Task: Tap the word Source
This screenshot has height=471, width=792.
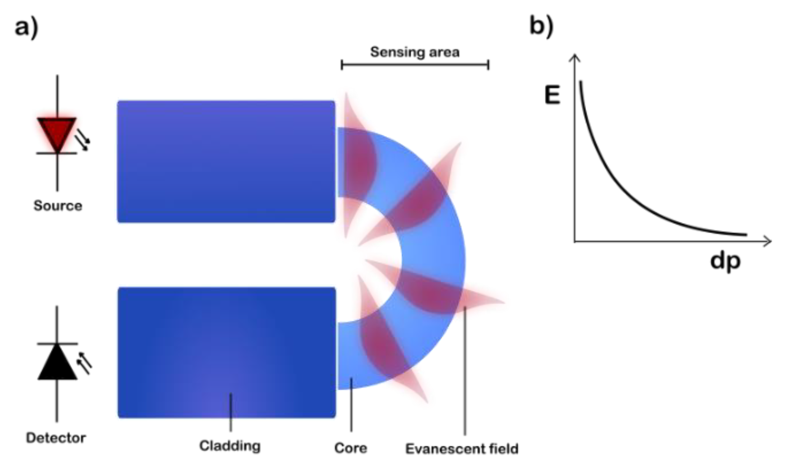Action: click(x=58, y=206)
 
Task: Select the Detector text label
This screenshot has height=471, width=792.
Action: click(x=56, y=438)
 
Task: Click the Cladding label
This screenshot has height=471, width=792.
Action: click(x=230, y=446)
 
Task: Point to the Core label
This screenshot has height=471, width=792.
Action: click(x=350, y=448)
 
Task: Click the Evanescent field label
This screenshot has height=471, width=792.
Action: click(x=461, y=449)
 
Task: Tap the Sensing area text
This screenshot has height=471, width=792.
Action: click(x=415, y=52)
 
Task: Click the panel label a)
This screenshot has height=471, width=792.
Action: click(x=27, y=28)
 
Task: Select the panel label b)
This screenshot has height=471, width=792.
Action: click(x=541, y=26)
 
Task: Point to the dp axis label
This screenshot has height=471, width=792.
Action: click(x=725, y=261)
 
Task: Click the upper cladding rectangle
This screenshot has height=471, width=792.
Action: click(x=226, y=161)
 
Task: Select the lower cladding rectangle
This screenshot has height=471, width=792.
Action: click(x=227, y=352)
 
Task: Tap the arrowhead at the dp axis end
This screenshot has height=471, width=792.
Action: click(x=768, y=241)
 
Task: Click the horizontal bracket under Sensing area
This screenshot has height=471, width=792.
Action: click(x=415, y=65)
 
